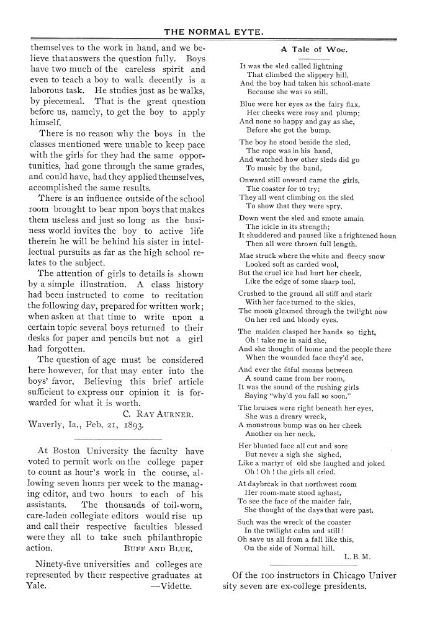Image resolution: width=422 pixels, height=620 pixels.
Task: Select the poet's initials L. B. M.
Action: tap(356, 556)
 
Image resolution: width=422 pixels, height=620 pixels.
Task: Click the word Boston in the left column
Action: tap(70, 451)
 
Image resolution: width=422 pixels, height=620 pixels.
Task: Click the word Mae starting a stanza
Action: tap(246, 255)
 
